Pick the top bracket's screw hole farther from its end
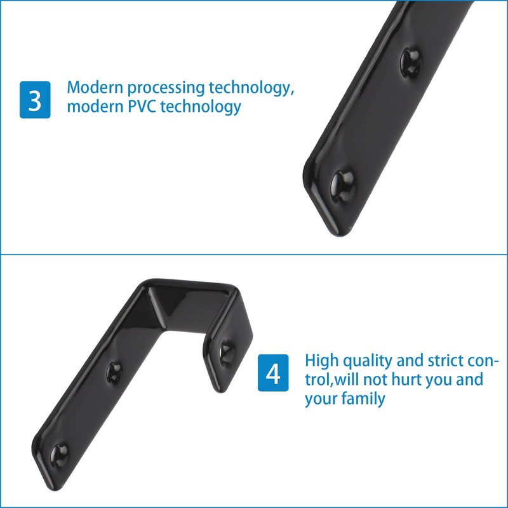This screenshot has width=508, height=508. coord(411,61)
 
